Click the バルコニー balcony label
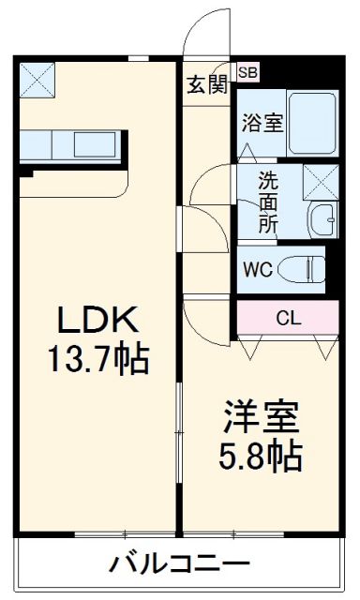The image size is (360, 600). (180, 564)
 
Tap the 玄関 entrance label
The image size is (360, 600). (206, 85)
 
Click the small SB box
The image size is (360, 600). (248, 71)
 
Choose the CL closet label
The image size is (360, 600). (288, 317)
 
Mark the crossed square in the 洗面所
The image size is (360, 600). (322, 180)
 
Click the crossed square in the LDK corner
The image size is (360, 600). (38, 79)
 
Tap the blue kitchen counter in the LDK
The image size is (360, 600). (70, 146)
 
